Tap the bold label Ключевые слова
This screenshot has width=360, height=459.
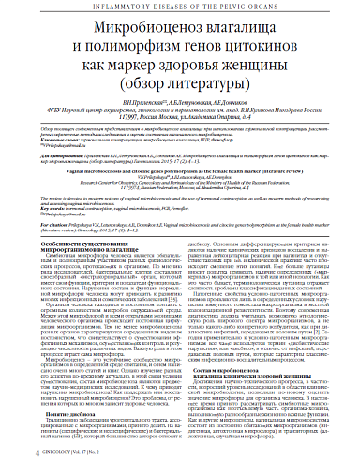coord(57,157)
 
